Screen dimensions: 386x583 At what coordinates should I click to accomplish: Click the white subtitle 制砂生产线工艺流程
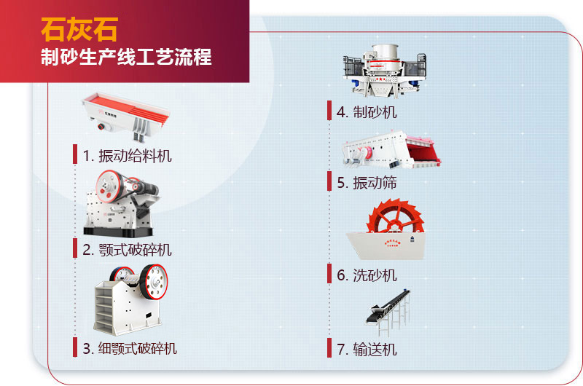click(x=126, y=58)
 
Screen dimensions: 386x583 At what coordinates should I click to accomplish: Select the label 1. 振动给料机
click(x=127, y=155)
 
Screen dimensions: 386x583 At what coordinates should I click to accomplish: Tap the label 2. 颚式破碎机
click(x=127, y=250)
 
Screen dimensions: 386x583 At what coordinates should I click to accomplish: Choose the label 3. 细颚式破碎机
click(x=129, y=348)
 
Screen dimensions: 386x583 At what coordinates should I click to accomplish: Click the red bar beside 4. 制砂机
click(x=329, y=111)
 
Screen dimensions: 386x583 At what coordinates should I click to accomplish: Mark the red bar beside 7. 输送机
click(x=329, y=348)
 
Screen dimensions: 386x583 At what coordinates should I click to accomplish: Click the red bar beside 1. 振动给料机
click(x=75, y=154)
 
